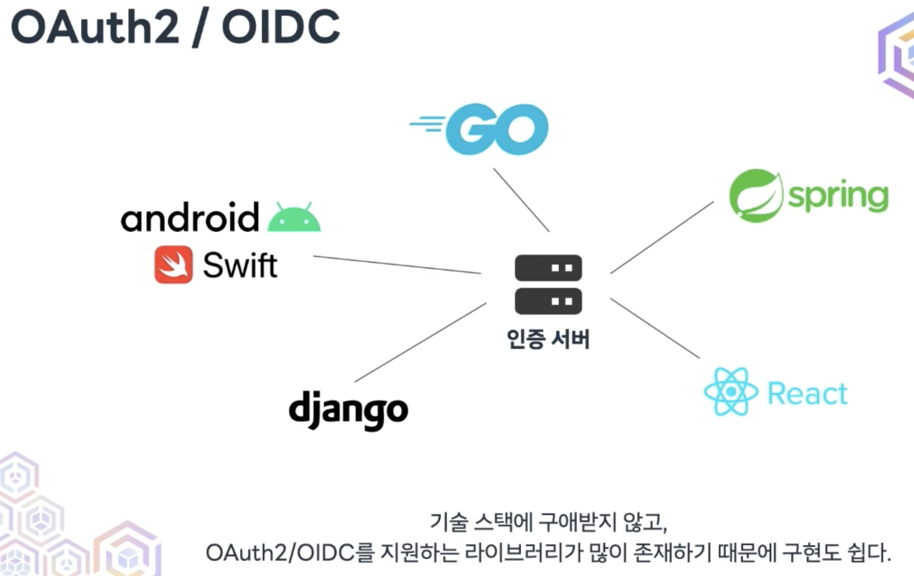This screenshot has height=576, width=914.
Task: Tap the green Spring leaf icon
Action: click(755, 196)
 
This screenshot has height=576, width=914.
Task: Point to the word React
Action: click(807, 394)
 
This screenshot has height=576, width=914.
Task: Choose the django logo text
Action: click(348, 410)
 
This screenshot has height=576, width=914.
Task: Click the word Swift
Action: click(240, 265)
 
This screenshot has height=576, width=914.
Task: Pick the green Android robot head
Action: click(294, 218)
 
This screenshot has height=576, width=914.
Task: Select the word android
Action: click(190, 217)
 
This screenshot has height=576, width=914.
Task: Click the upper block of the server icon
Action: click(548, 268)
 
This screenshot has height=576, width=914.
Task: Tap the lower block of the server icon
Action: click(548, 301)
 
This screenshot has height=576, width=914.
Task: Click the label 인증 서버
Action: click(548, 339)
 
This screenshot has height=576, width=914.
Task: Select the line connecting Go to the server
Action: click(521, 200)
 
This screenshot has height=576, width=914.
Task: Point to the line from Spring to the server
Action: click(662, 237)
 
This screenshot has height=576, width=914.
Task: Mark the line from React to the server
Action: click(655, 328)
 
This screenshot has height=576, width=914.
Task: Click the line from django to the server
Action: click(421, 342)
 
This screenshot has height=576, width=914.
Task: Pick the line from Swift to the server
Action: click(397, 265)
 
